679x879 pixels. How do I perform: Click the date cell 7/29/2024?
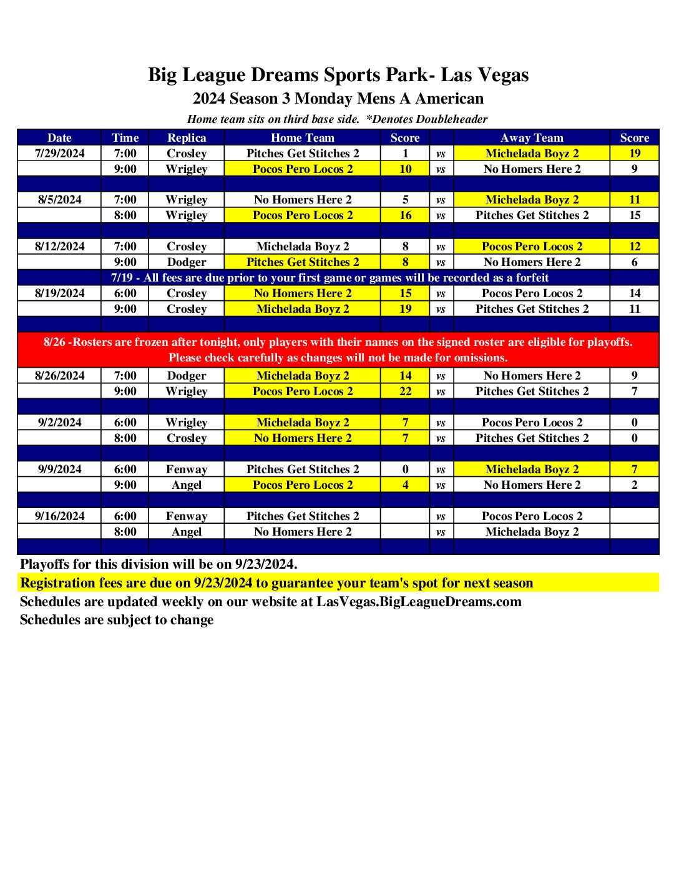[x=59, y=154]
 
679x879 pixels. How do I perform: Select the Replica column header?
[x=187, y=138]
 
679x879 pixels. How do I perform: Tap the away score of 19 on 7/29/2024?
[x=634, y=154]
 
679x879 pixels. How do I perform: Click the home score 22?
[x=405, y=391]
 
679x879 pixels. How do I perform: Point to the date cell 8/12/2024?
[x=59, y=247]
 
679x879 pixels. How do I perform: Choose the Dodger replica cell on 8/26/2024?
[x=187, y=376]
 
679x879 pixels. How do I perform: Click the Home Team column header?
[x=303, y=138]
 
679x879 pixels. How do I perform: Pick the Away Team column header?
[x=532, y=138]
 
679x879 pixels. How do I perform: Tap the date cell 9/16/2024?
[x=59, y=516]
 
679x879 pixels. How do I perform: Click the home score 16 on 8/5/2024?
[x=405, y=215]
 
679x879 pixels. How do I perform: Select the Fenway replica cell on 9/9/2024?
[x=187, y=469]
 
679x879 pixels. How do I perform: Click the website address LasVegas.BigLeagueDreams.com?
[x=419, y=602]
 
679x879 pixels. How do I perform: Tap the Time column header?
[x=125, y=138]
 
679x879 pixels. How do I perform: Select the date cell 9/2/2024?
[x=59, y=423]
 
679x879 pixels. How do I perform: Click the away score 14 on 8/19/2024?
[x=634, y=293]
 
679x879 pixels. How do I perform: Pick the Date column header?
[x=59, y=138]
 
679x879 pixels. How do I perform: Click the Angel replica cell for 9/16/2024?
[x=187, y=532]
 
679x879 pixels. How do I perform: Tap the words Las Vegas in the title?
[x=485, y=75]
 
